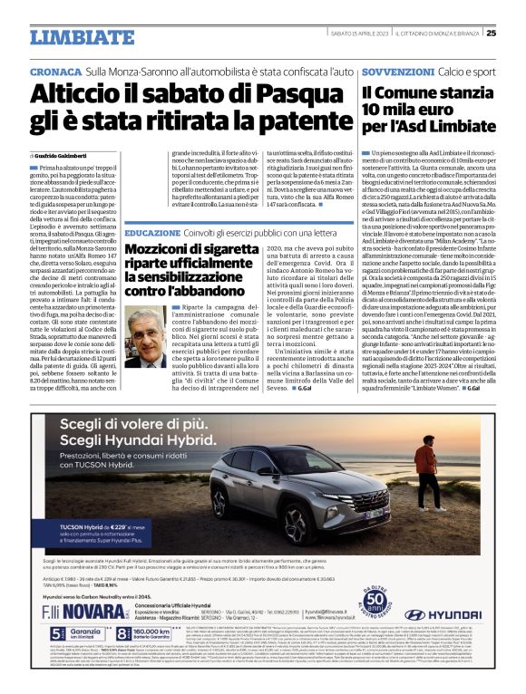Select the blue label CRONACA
click(55, 70)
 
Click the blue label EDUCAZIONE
click(153, 233)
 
